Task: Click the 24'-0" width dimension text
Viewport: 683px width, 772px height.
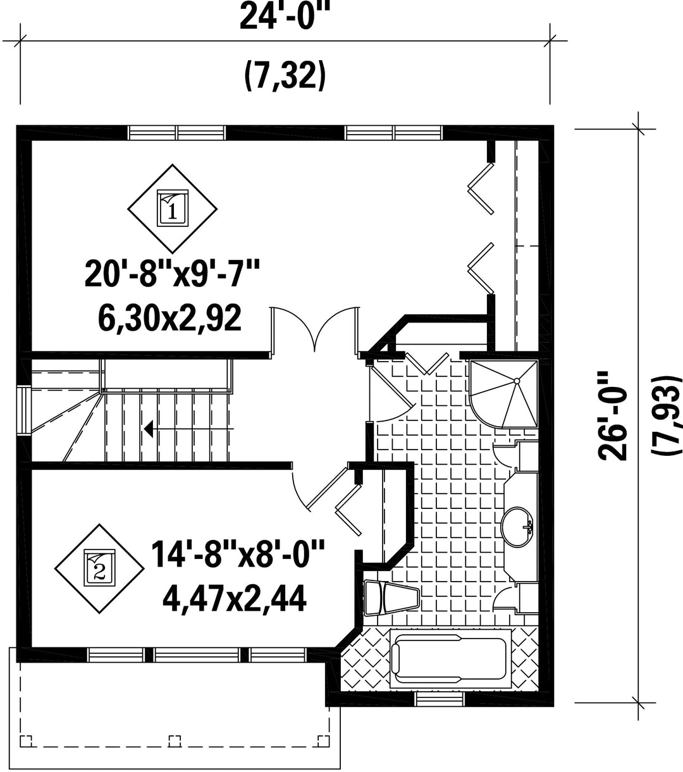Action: [284, 16]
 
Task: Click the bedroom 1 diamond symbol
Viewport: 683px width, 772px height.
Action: [172, 209]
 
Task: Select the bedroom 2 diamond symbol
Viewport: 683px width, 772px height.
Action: [99, 569]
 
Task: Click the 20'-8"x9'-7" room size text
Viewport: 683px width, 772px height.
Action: [172, 274]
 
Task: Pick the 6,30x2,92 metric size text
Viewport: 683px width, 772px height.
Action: [169, 318]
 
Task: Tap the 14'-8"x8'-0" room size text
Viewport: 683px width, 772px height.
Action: [238, 554]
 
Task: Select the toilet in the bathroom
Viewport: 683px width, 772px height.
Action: [391, 598]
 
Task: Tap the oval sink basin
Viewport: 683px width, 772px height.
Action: [517, 527]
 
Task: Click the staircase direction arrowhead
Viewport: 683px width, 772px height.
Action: [149, 429]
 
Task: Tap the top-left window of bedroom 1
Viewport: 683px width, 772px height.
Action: [177, 133]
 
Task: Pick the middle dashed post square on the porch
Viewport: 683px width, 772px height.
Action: [175, 741]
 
